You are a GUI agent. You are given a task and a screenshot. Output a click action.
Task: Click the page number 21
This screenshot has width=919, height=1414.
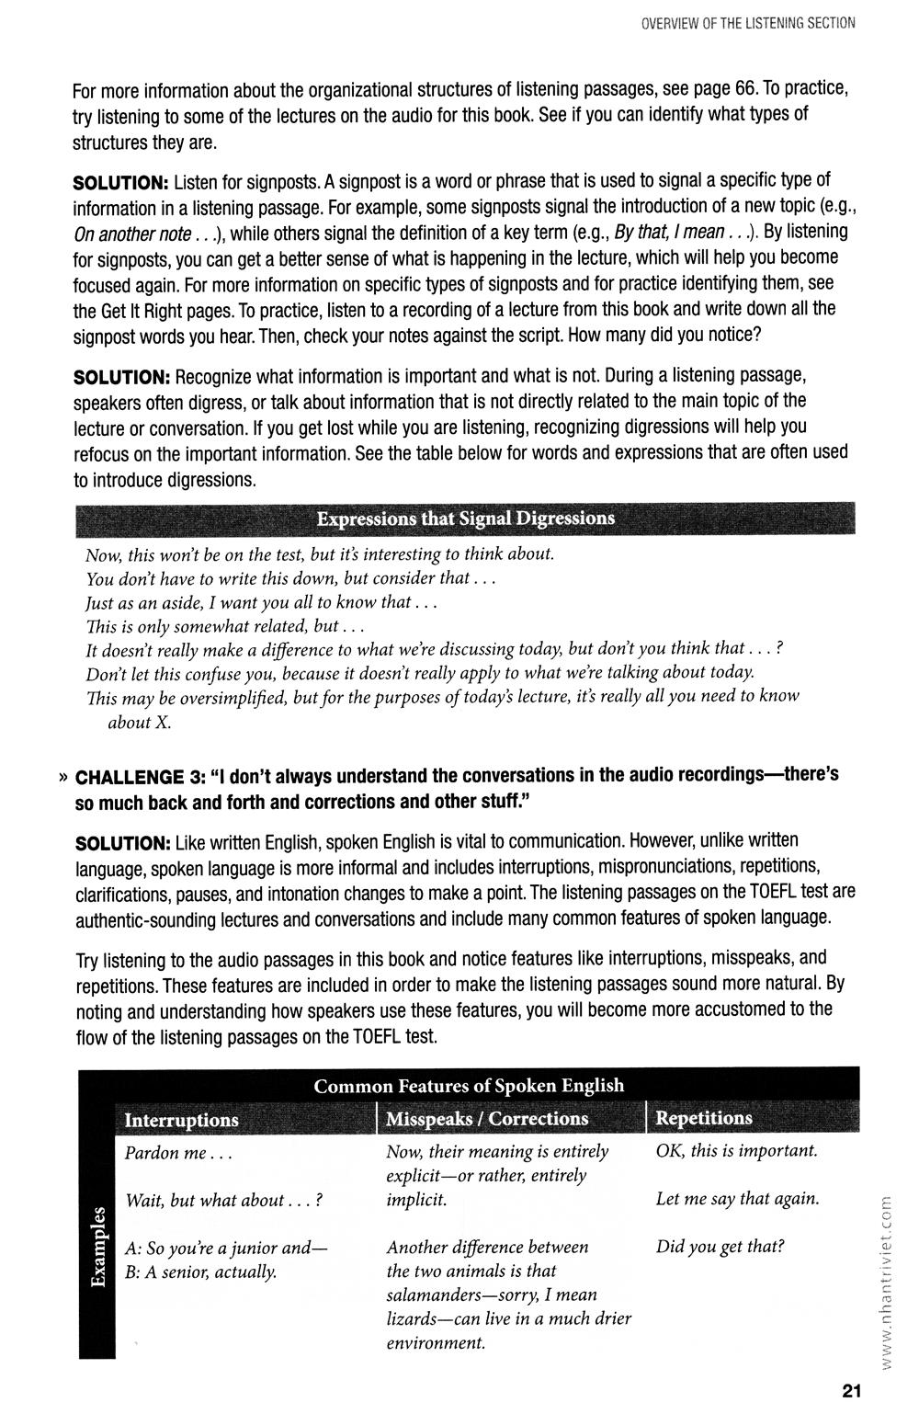tap(849, 1390)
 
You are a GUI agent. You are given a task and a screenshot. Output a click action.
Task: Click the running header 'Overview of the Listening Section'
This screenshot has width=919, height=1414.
tap(748, 23)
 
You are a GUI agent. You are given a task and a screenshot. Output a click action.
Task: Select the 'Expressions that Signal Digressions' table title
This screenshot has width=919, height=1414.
tap(466, 519)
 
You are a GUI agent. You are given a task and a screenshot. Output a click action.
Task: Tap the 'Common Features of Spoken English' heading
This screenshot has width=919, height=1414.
tap(469, 1086)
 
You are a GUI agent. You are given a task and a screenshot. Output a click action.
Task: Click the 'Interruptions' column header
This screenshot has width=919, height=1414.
tap(181, 1120)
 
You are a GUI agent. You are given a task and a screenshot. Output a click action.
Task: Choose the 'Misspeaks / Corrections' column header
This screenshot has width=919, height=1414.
tap(486, 1119)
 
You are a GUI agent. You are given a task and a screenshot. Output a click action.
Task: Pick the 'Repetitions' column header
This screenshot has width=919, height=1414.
tap(704, 1118)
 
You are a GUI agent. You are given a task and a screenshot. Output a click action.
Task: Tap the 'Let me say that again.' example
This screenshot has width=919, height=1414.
tap(737, 1199)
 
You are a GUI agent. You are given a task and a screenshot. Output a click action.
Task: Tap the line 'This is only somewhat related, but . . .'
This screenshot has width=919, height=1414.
tap(226, 626)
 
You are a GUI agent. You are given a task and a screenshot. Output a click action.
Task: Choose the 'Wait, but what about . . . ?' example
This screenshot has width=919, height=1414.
tap(225, 1201)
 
